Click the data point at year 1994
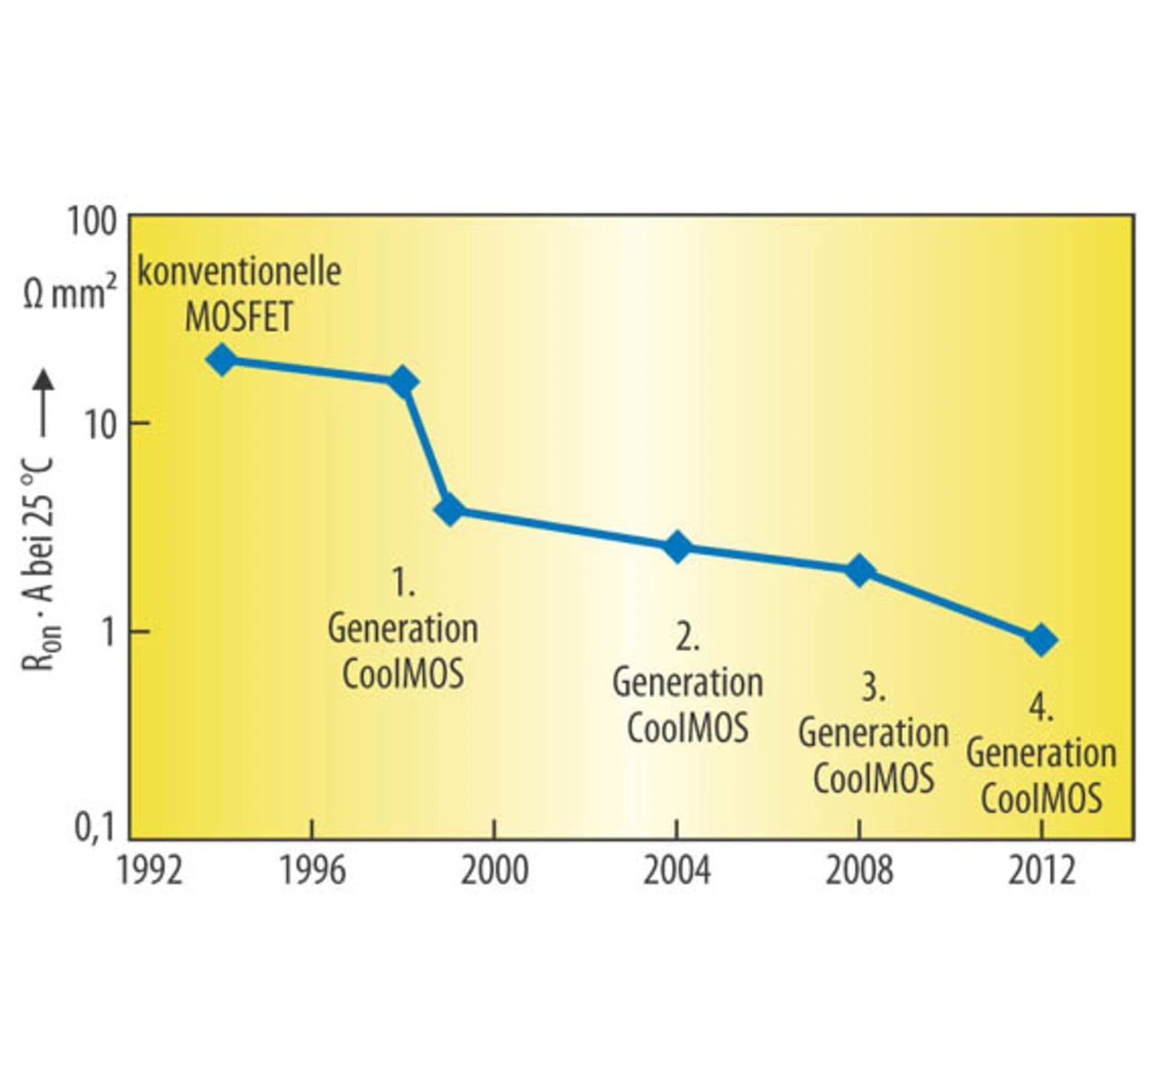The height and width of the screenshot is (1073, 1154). pyautogui.click(x=221, y=360)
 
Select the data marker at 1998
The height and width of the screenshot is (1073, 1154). pyautogui.click(x=403, y=382)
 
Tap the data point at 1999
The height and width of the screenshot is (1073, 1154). pyautogui.click(x=449, y=509)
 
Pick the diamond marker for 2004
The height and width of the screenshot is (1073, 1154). pyautogui.click(x=677, y=547)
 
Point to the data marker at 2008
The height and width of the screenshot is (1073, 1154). pyautogui.click(x=860, y=571)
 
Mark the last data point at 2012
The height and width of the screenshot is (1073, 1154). pyautogui.click(x=1041, y=640)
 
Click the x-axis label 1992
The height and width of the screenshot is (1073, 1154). pyautogui.click(x=150, y=871)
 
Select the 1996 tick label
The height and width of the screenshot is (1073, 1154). pyautogui.click(x=312, y=871)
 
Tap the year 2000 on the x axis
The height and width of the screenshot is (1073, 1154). pyautogui.click(x=494, y=871)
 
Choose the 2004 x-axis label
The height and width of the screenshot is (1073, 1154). pyautogui.click(x=676, y=871)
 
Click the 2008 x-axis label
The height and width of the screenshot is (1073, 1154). pyautogui.click(x=859, y=871)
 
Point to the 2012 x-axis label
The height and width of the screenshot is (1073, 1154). pyautogui.click(x=1041, y=871)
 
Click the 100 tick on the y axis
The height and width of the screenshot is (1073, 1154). pyautogui.click(x=92, y=222)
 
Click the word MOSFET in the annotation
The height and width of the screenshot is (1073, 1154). pyautogui.click(x=239, y=316)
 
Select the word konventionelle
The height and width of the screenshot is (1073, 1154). pyautogui.click(x=239, y=271)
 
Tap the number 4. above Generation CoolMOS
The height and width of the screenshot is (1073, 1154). pyautogui.click(x=1040, y=709)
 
